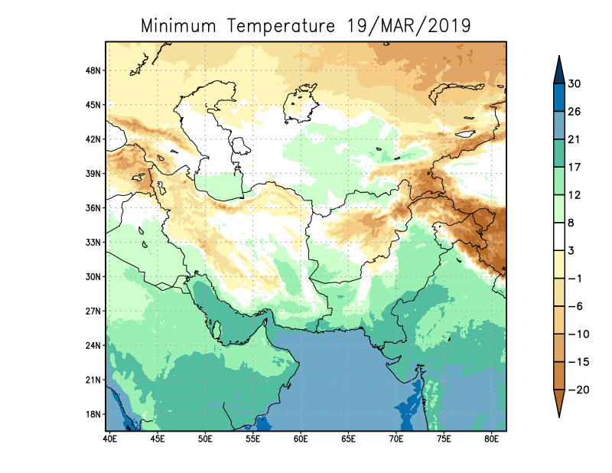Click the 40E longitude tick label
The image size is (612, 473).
click(x=109, y=439)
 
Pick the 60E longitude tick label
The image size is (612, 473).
click(x=301, y=439)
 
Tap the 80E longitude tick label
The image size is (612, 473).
click(x=492, y=439)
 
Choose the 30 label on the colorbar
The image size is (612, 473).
click(x=575, y=84)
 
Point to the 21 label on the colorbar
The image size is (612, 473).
click(x=575, y=139)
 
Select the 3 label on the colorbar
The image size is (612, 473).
click(x=572, y=250)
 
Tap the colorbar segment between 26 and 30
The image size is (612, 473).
click(x=559, y=97)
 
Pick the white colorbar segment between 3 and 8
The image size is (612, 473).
click(x=559, y=236)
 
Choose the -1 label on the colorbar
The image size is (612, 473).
click(x=575, y=279)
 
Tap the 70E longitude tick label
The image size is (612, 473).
click(x=396, y=439)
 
